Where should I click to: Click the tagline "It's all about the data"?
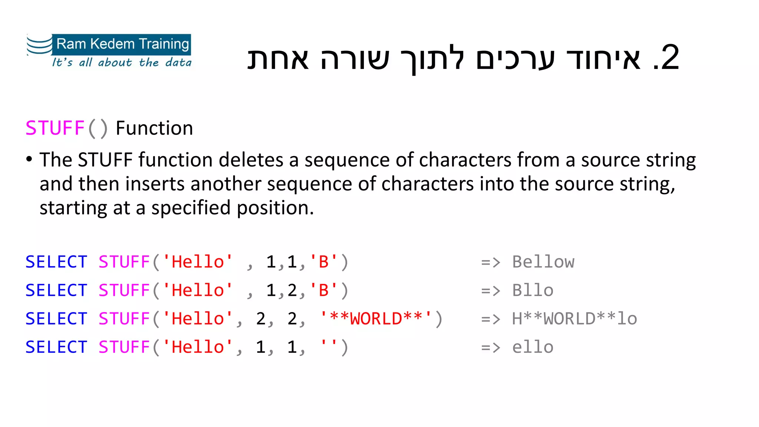[x=122, y=62]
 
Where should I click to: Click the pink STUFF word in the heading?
[x=55, y=128]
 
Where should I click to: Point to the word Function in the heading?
[x=154, y=128]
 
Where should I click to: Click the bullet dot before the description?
[x=29, y=160]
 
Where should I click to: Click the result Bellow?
[x=543, y=262]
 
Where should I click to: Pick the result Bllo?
[x=533, y=291]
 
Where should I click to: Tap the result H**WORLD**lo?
[x=574, y=319]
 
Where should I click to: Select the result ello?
[x=533, y=347]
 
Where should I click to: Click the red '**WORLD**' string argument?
[x=376, y=319]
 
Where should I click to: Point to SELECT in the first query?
[x=56, y=262]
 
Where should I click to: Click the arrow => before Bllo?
[x=490, y=291]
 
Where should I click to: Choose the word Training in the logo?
[x=164, y=44]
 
